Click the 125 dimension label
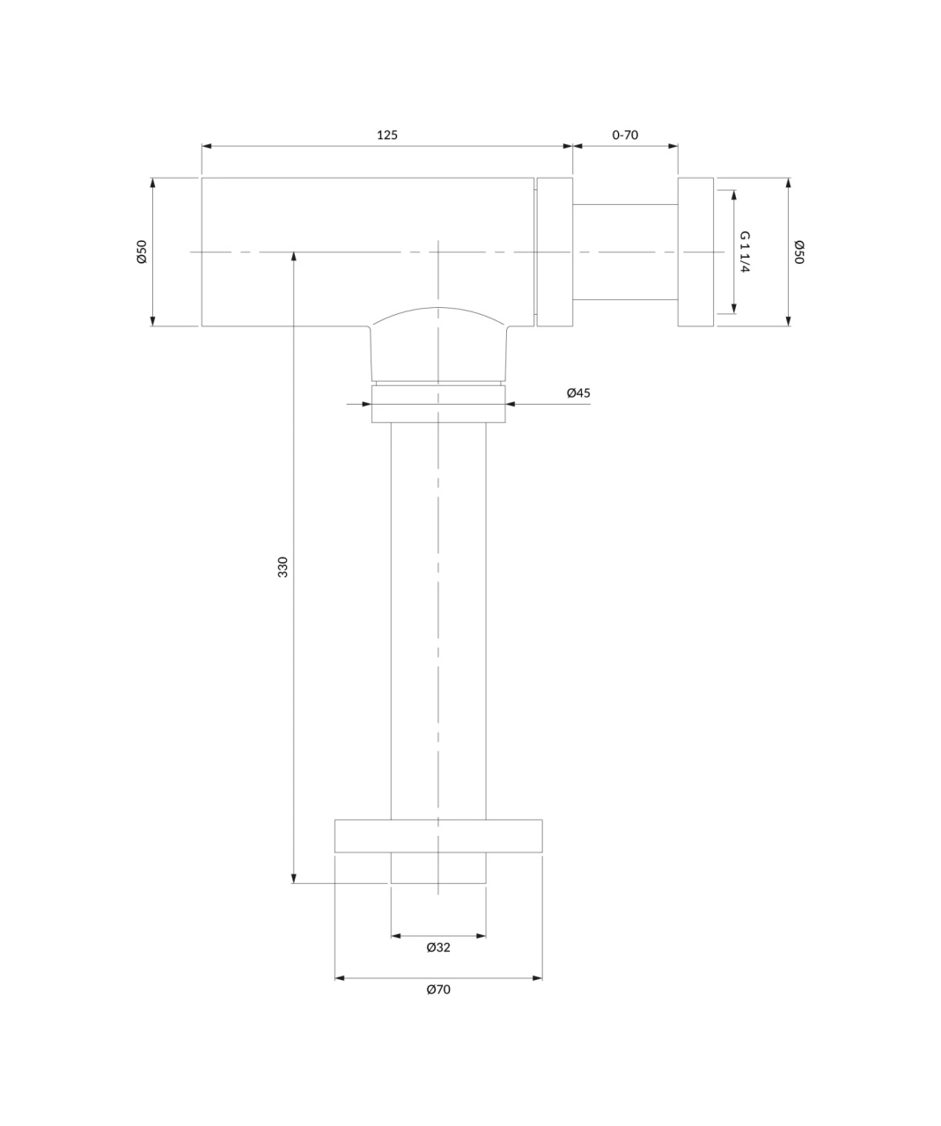pos(386,135)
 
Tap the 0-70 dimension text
pos(625,135)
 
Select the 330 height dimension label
pos(283,567)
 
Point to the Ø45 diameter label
pos(578,393)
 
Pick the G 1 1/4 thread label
pos(745,252)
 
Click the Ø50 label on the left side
pos(142,252)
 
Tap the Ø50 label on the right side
pos(799,252)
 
